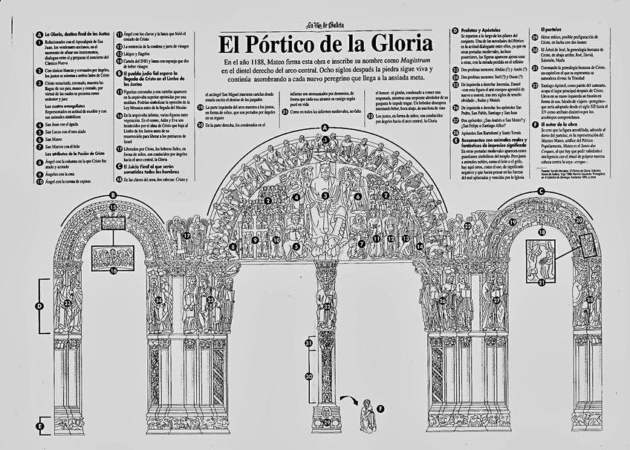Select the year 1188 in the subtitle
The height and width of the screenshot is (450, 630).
(x=272, y=60)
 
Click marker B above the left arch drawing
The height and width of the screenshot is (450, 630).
(x=113, y=196)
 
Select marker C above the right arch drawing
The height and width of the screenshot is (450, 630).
(x=541, y=191)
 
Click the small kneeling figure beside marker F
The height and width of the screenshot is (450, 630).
(x=366, y=416)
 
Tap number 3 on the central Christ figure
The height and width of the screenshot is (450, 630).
(x=325, y=196)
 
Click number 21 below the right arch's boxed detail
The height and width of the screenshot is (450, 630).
(x=541, y=282)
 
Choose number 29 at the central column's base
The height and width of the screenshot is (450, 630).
(x=326, y=423)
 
